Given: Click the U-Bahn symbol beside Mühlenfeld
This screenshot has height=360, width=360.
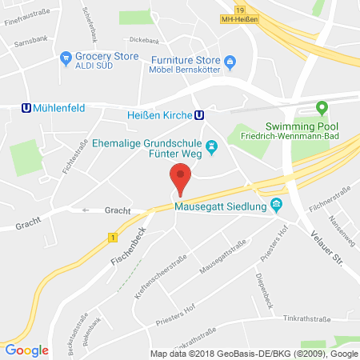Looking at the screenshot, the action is (x=26, y=111).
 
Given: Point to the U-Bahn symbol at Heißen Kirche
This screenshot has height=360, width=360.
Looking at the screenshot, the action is (x=198, y=114).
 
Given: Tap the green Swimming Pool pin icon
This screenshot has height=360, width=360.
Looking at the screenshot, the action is (x=322, y=107).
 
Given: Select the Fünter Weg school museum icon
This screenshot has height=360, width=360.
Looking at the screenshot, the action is (x=212, y=146).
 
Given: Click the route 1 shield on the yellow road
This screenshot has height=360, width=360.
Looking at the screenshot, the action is (x=114, y=237).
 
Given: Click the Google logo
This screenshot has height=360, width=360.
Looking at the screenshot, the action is (x=26, y=350).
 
